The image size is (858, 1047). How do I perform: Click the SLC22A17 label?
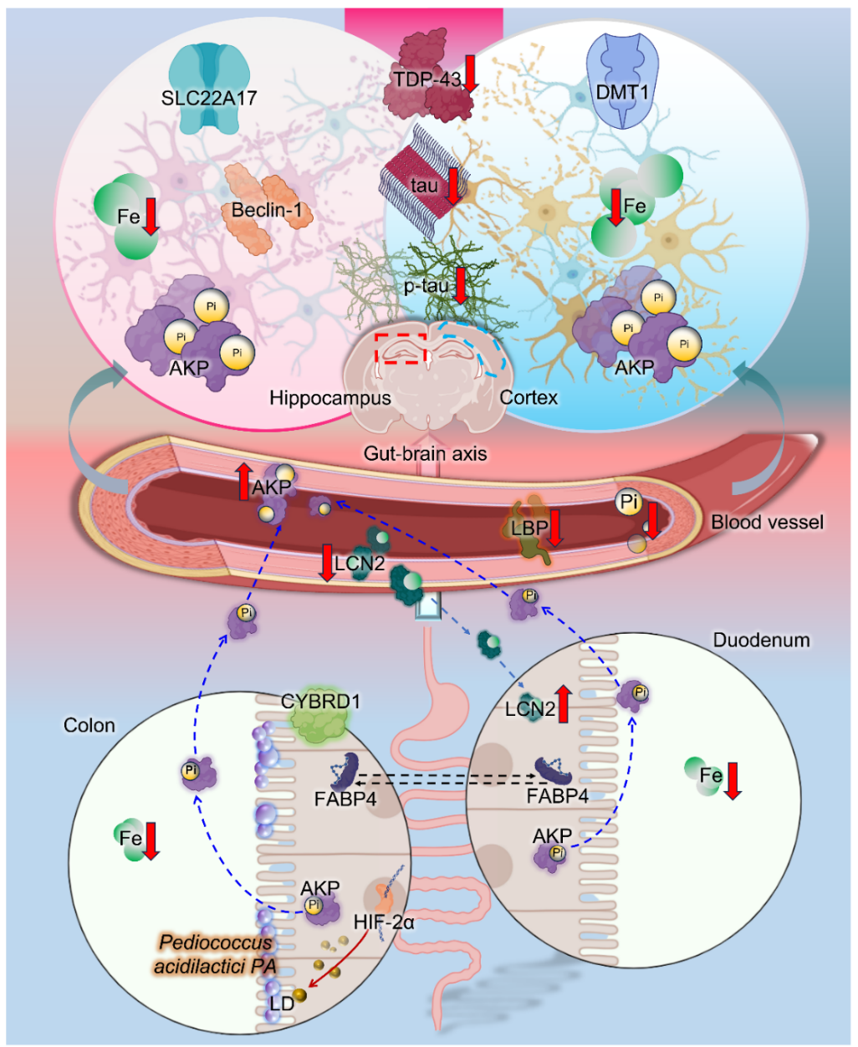coord(209,98)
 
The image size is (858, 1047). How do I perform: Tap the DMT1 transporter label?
coord(622,92)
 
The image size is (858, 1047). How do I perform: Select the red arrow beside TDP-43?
coord(471,73)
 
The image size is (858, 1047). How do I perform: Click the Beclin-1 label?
coord(267,209)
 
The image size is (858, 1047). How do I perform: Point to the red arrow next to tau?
coord(452,186)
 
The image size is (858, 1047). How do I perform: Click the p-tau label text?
coord(426,286)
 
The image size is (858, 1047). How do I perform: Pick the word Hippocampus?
coord(330,397)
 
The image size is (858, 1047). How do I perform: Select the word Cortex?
coord(529,397)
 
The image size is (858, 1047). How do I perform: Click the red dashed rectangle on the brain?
coord(401,347)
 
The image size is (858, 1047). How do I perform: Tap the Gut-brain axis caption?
coord(425,454)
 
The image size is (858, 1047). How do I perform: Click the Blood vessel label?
coord(767,522)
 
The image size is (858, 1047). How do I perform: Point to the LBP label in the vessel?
coord(529,528)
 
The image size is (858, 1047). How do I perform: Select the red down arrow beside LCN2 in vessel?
coord(327,562)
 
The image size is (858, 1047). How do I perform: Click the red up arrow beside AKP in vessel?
coord(243,482)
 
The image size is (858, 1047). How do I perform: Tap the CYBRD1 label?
coord(320,702)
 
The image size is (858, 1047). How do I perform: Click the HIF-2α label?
coord(384,923)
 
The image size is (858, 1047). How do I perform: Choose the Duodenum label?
coord(761,640)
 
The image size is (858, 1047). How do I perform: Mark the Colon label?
coord(89,725)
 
